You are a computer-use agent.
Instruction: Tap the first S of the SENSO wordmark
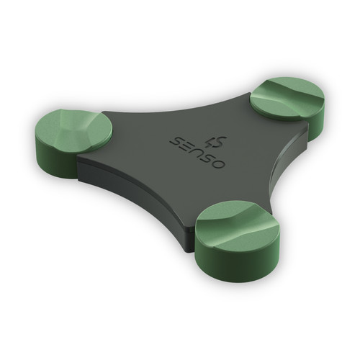coord(177,142)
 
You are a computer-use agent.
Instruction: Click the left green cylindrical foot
coord(73,142)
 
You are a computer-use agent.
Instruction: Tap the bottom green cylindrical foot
coord(237,240)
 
